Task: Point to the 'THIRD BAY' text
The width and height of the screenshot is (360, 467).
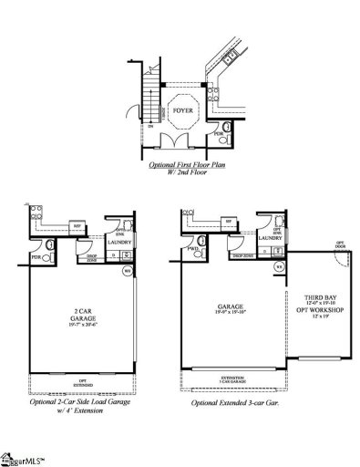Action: tap(307, 296)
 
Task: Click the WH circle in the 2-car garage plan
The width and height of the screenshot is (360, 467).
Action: tap(128, 270)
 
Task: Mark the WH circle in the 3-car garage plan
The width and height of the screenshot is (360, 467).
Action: tap(279, 266)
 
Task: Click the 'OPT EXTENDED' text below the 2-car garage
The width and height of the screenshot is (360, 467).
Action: tap(79, 383)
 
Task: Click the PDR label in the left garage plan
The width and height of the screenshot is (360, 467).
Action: tap(36, 257)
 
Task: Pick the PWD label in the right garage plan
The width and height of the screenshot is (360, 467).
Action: tap(193, 248)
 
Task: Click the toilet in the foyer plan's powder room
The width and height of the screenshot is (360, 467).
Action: tap(221, 126)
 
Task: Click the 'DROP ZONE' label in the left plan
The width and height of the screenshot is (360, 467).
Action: tap(90, 258)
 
